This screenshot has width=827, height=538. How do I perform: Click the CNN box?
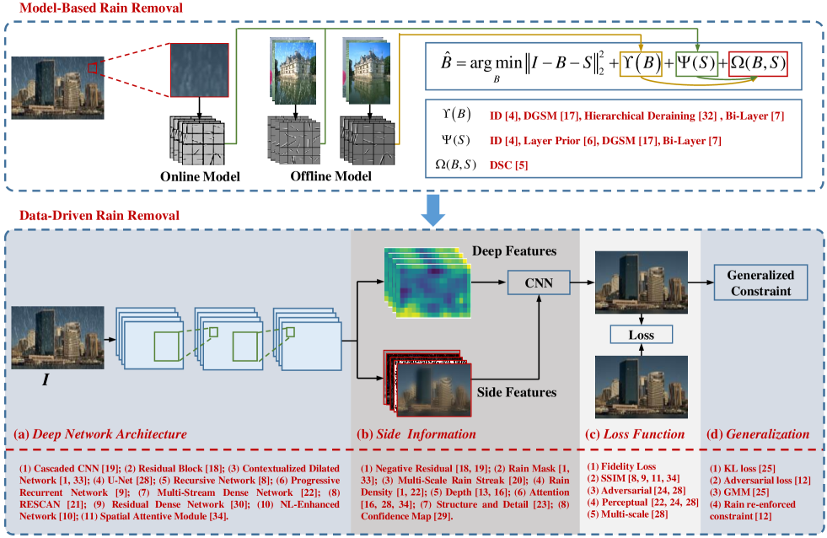(x=540, y=282)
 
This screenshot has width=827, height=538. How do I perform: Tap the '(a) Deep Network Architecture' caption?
(x=100, y=434)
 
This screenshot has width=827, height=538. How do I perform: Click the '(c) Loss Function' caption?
(x=635, y=434)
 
